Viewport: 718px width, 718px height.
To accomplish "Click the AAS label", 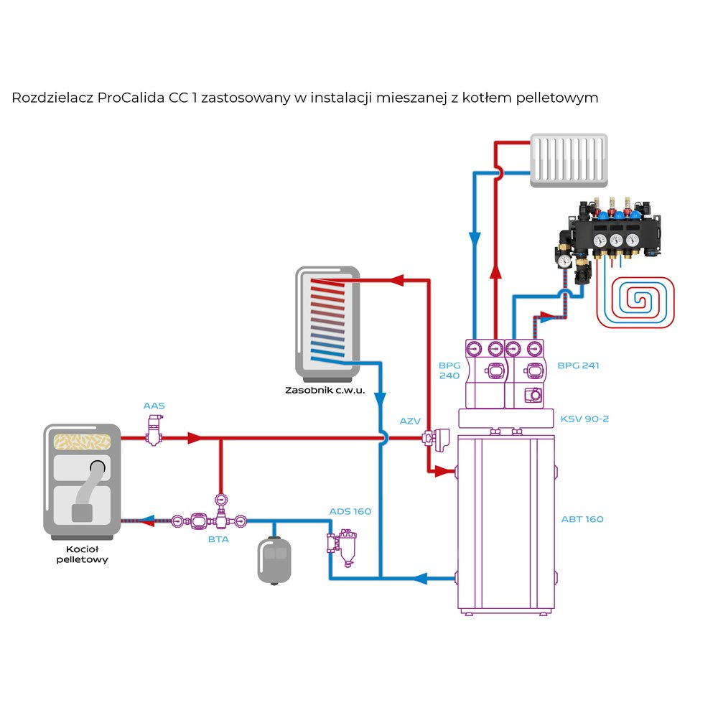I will [154, 406].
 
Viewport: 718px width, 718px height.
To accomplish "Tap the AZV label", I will [410, 421].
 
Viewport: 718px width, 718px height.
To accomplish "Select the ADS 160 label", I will [350, 511].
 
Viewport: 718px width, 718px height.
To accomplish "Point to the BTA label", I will [218, 539].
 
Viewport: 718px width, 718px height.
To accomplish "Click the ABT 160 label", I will [582, 519].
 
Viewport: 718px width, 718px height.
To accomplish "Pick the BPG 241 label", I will [578, 365].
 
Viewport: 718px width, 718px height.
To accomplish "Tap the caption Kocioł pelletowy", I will [82, 554].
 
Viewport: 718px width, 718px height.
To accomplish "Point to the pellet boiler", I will [81, 481].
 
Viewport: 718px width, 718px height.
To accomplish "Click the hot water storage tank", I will [327, 323].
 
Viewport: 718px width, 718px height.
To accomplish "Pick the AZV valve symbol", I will [435, 437].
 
